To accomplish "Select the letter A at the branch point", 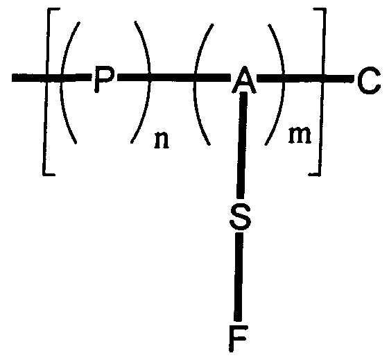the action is click(x=242, y=83).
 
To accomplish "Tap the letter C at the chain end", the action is click(x=368, y=83).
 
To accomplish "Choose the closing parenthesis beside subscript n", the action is click(x=142, y=87).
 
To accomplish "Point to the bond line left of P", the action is click(x=35, y=78).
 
